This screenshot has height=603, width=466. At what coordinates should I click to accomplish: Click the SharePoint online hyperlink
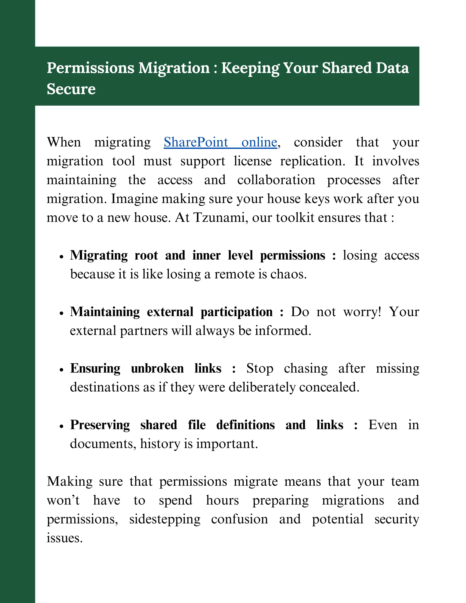pyautogui.click(x=220, y=142)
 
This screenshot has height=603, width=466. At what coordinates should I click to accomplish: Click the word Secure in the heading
pyautogui.click(x=71, y=89)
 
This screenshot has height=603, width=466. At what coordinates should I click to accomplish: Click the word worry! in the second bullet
pyautogui.click(x=362, y=312)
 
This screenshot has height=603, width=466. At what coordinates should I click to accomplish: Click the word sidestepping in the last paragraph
pyautogui.click(x=165, y=519)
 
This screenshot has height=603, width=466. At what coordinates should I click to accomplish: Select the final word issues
pyautogui.click(x=65, y=538)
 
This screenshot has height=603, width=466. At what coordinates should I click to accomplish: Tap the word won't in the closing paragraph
pyautogui.click(x=63, y=500)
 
